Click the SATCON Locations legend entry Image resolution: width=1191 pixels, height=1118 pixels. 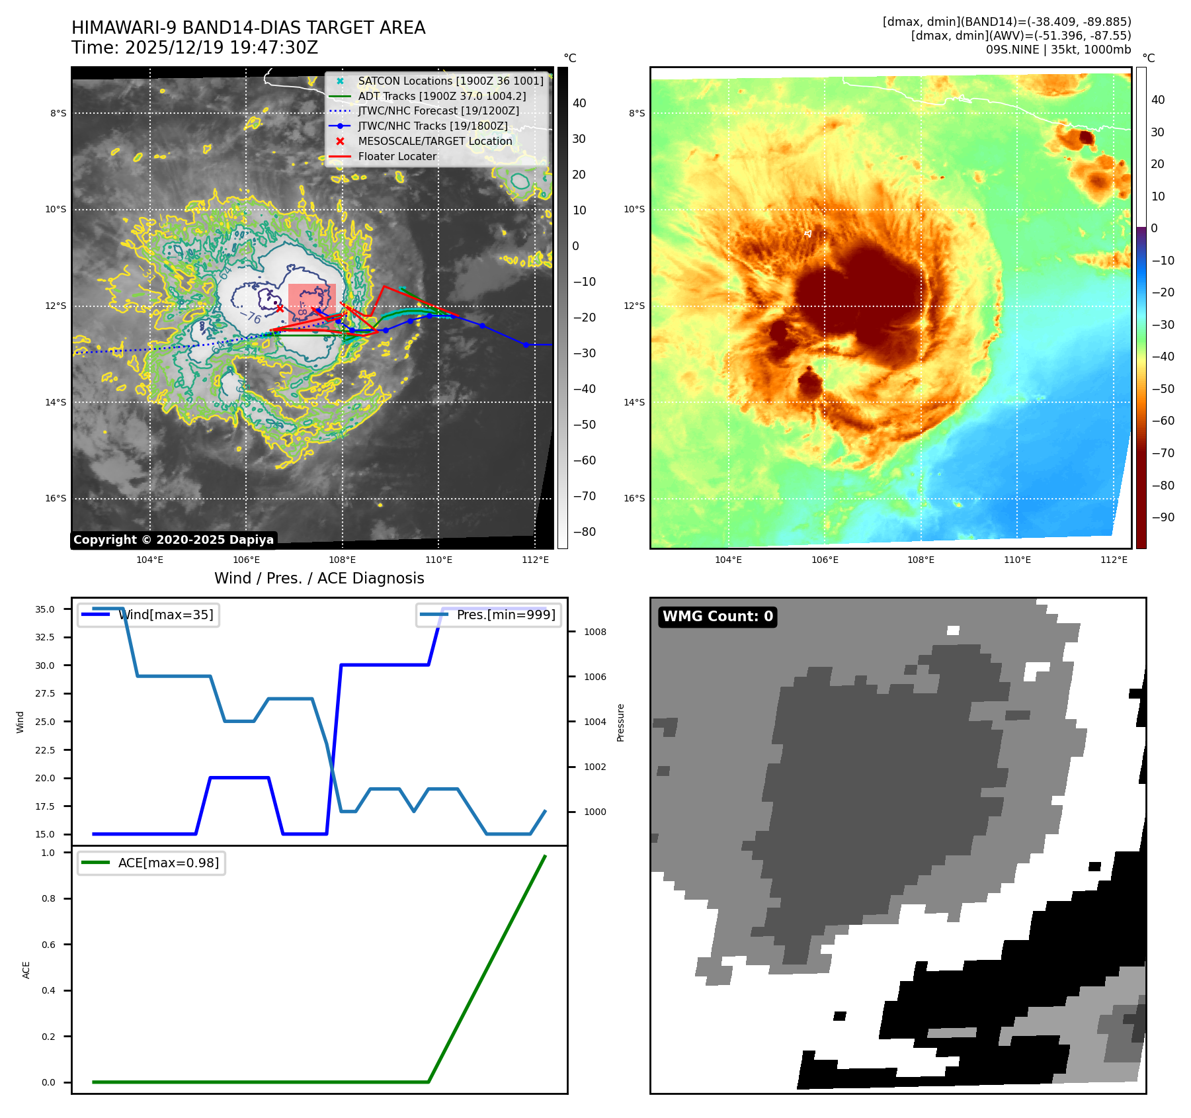point(450,81)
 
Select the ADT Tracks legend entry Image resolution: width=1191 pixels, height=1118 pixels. point(442,96)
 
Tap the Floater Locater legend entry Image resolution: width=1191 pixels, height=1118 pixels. point(397,156)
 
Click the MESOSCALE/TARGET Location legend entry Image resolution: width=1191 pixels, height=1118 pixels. point(434,141)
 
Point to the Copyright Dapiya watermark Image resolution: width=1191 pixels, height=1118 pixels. point(173,540)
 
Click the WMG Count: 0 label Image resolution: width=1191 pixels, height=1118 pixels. point(718,617)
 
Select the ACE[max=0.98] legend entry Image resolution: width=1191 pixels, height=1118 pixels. point(168,863)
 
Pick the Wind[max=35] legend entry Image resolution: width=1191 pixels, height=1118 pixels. point(165,615)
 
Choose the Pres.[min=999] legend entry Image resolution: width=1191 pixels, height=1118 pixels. point(506,615)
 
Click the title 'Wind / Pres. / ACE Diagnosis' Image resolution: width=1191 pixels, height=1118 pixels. point(319,578)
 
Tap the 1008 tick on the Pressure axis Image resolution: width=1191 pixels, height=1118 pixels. point(595,632)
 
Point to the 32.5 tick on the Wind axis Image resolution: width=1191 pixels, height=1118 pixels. point(45,637)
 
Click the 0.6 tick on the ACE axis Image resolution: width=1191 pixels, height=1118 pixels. point(49,945)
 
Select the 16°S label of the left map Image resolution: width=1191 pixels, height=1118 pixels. point(56,498)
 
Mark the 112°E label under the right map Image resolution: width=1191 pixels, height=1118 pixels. point(1114,560)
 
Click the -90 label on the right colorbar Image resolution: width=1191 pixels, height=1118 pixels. point(1163,517)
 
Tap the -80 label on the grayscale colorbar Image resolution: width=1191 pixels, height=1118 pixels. point(584,532)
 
